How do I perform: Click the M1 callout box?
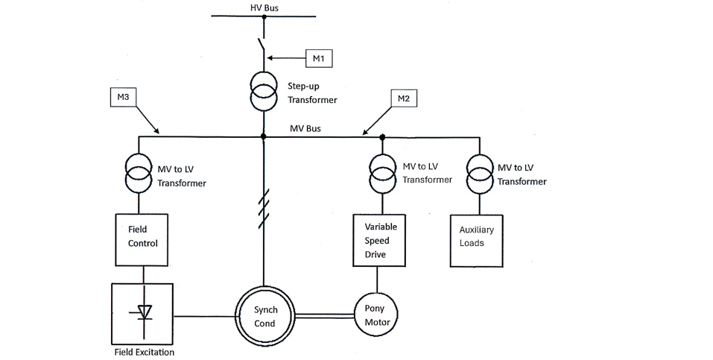[x=317, y=58]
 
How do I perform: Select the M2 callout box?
[x=403, y=98]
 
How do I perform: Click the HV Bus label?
[x=264, y=7]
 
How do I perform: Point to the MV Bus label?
[x=305, y=128]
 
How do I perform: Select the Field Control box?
[x=142, y=240]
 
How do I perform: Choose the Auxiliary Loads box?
[x=477, y=240]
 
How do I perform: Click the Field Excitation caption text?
[x=144, y=352]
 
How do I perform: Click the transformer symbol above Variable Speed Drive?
[x=383, y=172]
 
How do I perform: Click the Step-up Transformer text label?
[x=312, y=92]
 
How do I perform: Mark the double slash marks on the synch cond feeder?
[x=263, y=209]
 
